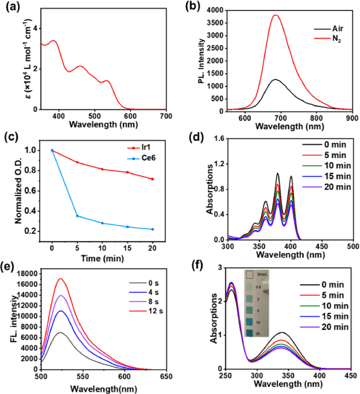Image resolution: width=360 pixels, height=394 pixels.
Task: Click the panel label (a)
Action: tap(11, 7)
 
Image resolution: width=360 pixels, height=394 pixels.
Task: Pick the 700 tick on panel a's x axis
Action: tap(166, 116)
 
